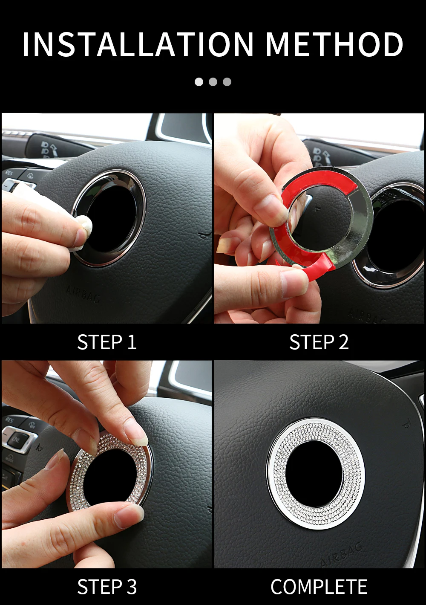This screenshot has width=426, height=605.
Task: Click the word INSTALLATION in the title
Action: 138,44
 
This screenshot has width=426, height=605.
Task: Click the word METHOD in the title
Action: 334,44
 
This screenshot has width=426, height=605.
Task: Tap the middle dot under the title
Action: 213,81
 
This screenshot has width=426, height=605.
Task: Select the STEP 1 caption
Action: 107,342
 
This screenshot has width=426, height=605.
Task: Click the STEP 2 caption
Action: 319,342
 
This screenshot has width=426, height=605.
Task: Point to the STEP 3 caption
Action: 107,587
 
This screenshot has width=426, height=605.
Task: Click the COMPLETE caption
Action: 319,587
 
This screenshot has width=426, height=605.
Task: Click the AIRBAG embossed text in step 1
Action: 83,294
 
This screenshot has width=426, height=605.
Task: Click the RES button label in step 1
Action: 9,173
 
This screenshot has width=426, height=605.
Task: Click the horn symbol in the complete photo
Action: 406,423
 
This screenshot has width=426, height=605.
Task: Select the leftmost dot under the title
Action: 199,81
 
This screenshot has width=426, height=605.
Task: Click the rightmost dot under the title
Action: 227,81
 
